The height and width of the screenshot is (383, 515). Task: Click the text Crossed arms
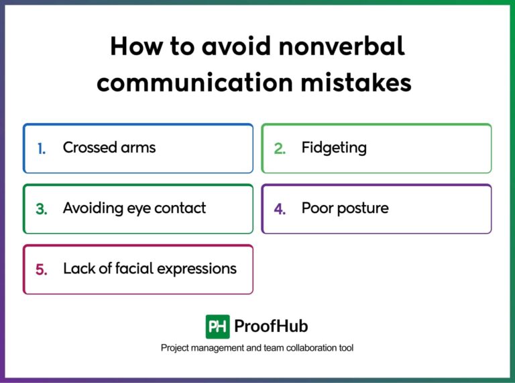[x=109, y=148]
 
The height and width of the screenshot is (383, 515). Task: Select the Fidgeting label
[x=334, y=148]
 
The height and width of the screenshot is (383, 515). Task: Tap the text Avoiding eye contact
[x=134, y=208]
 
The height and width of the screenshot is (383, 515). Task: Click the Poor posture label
[x=345, y=208]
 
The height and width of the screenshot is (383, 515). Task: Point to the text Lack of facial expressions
[x=150, y=269]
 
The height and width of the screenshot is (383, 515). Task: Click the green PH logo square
[x=217, y=327]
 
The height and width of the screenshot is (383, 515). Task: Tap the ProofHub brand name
[x=271, y=327]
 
